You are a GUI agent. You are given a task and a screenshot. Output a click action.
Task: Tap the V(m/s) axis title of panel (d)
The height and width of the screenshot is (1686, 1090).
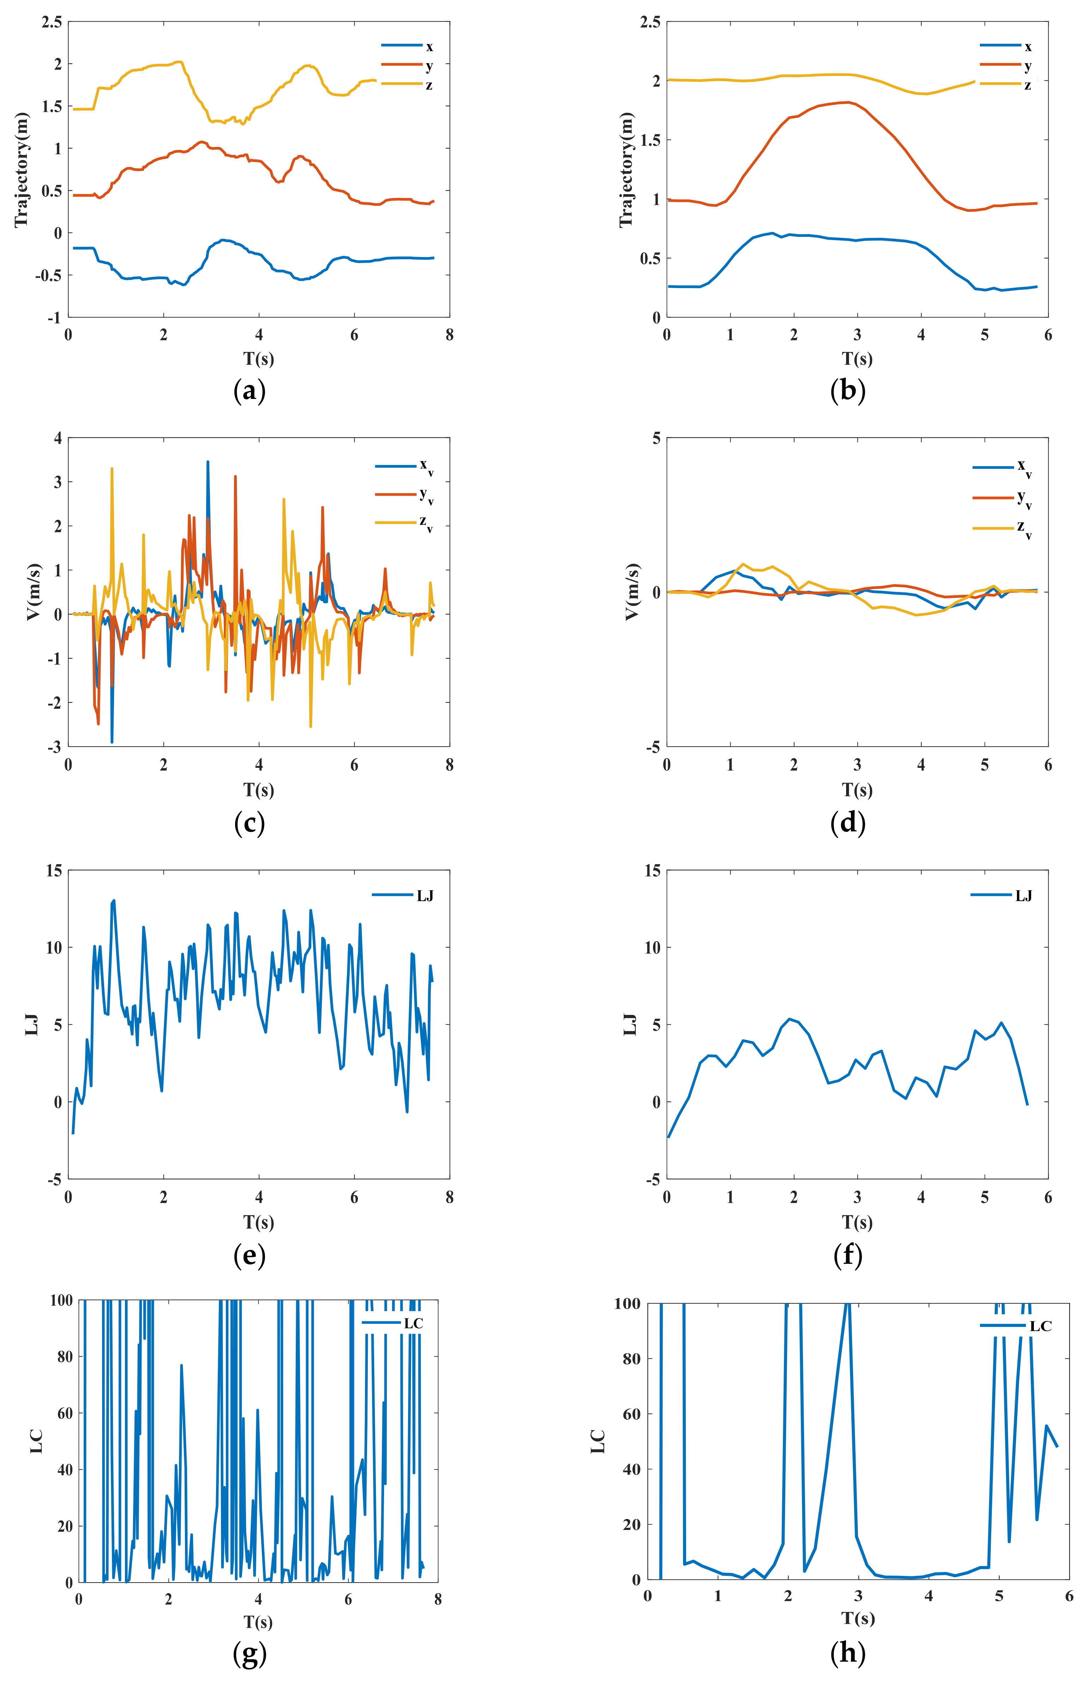pyautogui.click(x=632, y=592)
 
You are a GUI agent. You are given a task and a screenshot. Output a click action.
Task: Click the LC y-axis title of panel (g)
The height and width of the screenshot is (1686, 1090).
pyautogui.click(x=36, y=1441)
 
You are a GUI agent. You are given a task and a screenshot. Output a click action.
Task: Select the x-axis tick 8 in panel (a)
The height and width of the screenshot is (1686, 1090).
pyautogui.click(x=449, y=335)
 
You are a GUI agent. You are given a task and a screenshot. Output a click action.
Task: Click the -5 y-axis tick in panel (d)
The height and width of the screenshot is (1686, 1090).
pyautogui.click(x=652, y=747)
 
